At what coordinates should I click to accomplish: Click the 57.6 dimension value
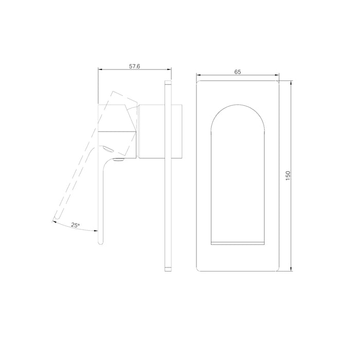135,66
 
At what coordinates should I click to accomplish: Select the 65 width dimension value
238,72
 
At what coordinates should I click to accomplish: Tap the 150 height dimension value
288,176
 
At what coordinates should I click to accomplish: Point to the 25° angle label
75,225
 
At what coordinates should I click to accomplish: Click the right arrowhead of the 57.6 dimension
169,69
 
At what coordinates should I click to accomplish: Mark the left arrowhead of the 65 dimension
199,75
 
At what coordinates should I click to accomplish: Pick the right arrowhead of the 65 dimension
277,75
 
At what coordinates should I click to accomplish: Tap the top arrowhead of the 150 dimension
291,83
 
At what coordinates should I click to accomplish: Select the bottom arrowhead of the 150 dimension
291,269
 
